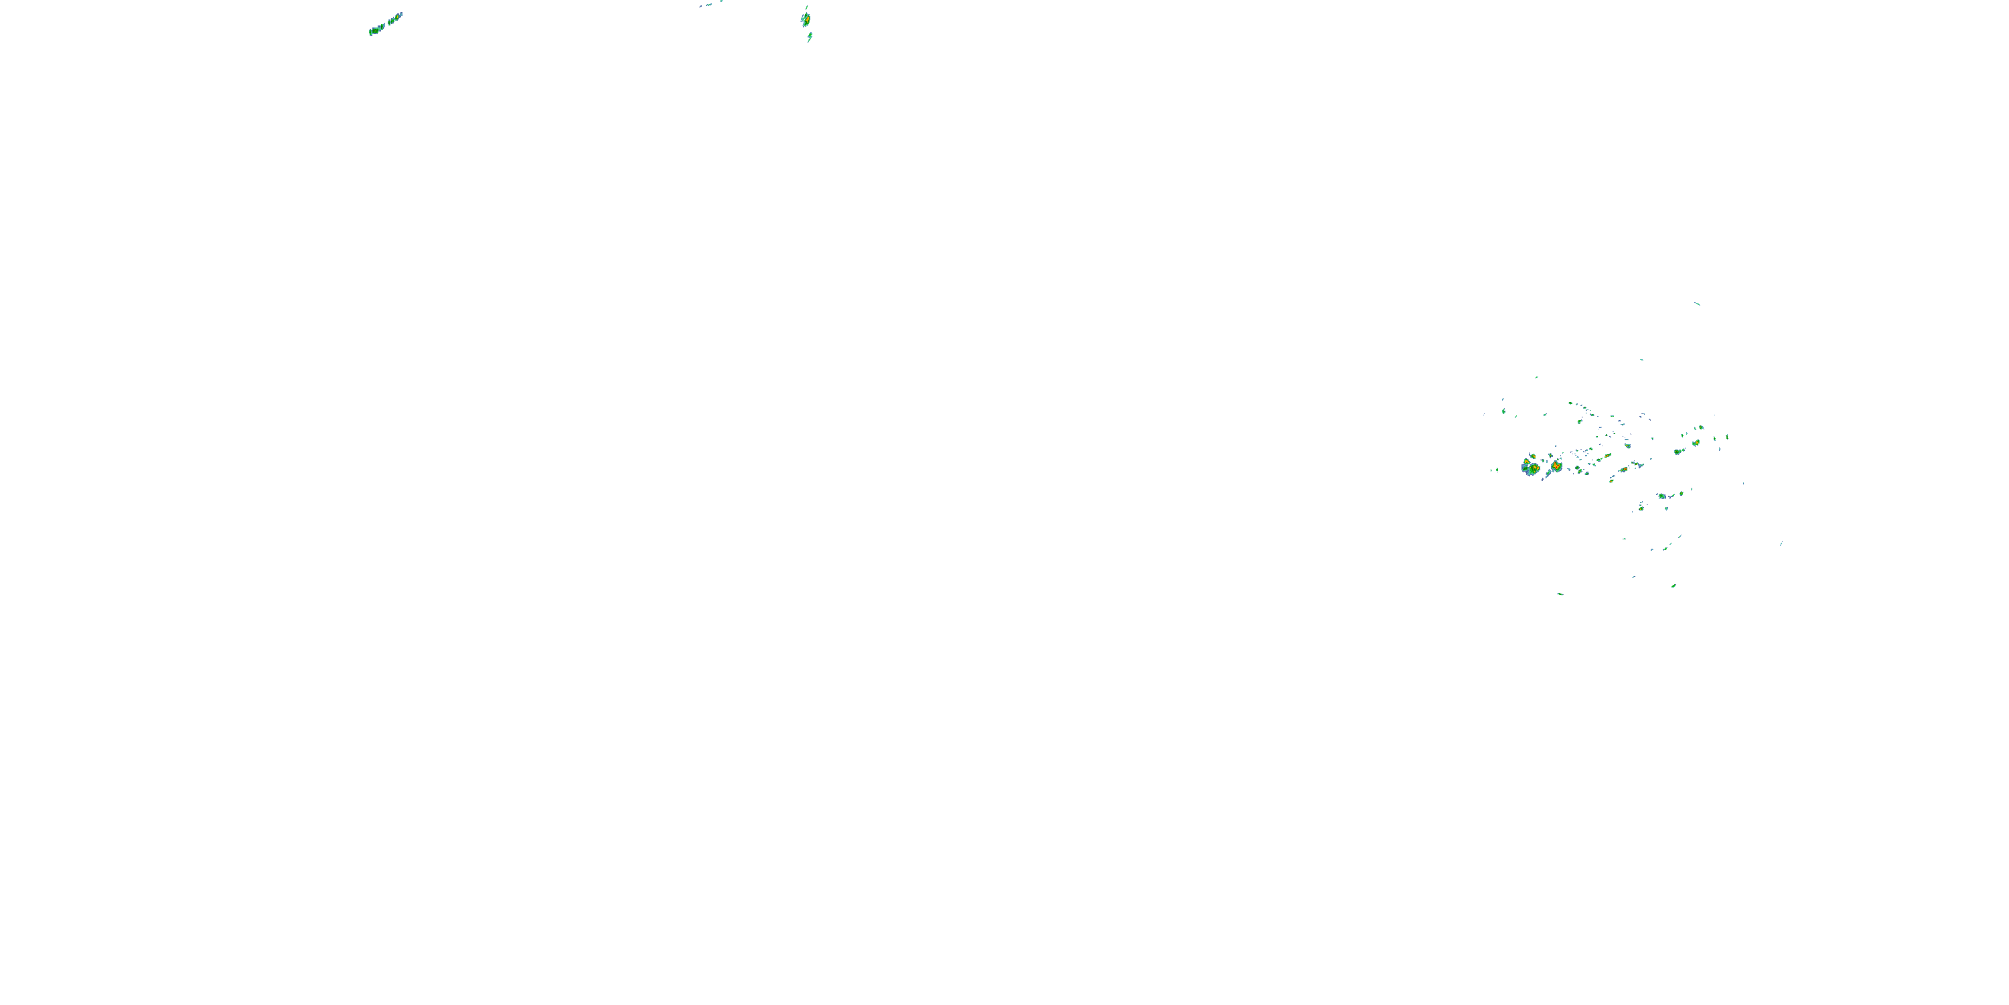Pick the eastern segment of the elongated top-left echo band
click(x=394, y=18)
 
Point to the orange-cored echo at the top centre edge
click(x=806, y=18)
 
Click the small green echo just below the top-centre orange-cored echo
click(x=810, y=36)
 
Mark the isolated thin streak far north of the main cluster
click(x=1697, y=304)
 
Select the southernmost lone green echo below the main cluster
click(x=1560, y=594)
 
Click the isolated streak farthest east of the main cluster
click(x=1781, y=544)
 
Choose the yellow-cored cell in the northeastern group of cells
click(x=1696, y=442)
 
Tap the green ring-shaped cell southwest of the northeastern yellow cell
click(x=1677, y=452)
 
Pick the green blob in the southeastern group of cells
click(x=1662, y=496)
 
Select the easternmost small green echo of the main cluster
click(x=1728, y=436)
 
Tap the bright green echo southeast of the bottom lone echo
click(x=1673, y=585)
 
